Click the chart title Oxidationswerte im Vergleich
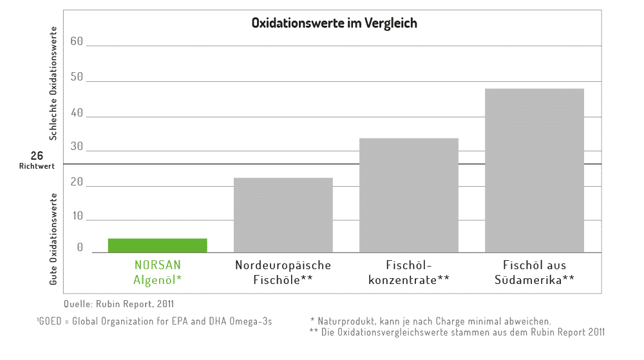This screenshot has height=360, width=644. pyautogui.click(x=334, y=23)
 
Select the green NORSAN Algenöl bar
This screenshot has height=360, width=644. pyautogui.click(x=157, y=245)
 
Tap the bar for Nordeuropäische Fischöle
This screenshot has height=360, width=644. pyautogui.click(x=283, y=215)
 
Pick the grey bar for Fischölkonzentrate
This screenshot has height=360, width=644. pyautogui.click(x=408, y=195)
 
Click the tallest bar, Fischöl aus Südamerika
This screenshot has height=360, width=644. pyautogui.click(x=534, y=171)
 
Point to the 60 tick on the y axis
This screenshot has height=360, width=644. pyautogui.click(x=77, y=42)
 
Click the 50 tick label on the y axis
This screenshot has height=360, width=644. pyautogui.click(x=77, y=77)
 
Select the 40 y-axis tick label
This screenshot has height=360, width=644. pyautogui.click(x=77, y=113)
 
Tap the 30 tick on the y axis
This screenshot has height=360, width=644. pyautogui.click(x=77, y=147)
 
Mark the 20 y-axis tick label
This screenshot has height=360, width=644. pyautogui.click(x=77, y=182)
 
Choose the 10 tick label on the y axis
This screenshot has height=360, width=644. pyautogui.click(x=77, y=216)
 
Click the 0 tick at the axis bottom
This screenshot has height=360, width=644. pyautogui.click(x=80, y=248)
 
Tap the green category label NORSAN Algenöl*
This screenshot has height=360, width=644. pyautogui.click(x=158, y=272)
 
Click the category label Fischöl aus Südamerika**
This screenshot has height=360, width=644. pyautogui.click(x=534, y=272)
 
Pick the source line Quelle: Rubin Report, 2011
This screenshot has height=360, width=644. pyautogui.click(x=119, y=303)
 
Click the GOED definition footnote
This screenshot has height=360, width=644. pyautogui.click(x=154, y=321)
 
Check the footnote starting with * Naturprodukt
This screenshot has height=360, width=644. pyautogui.click(x=430, y=321)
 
